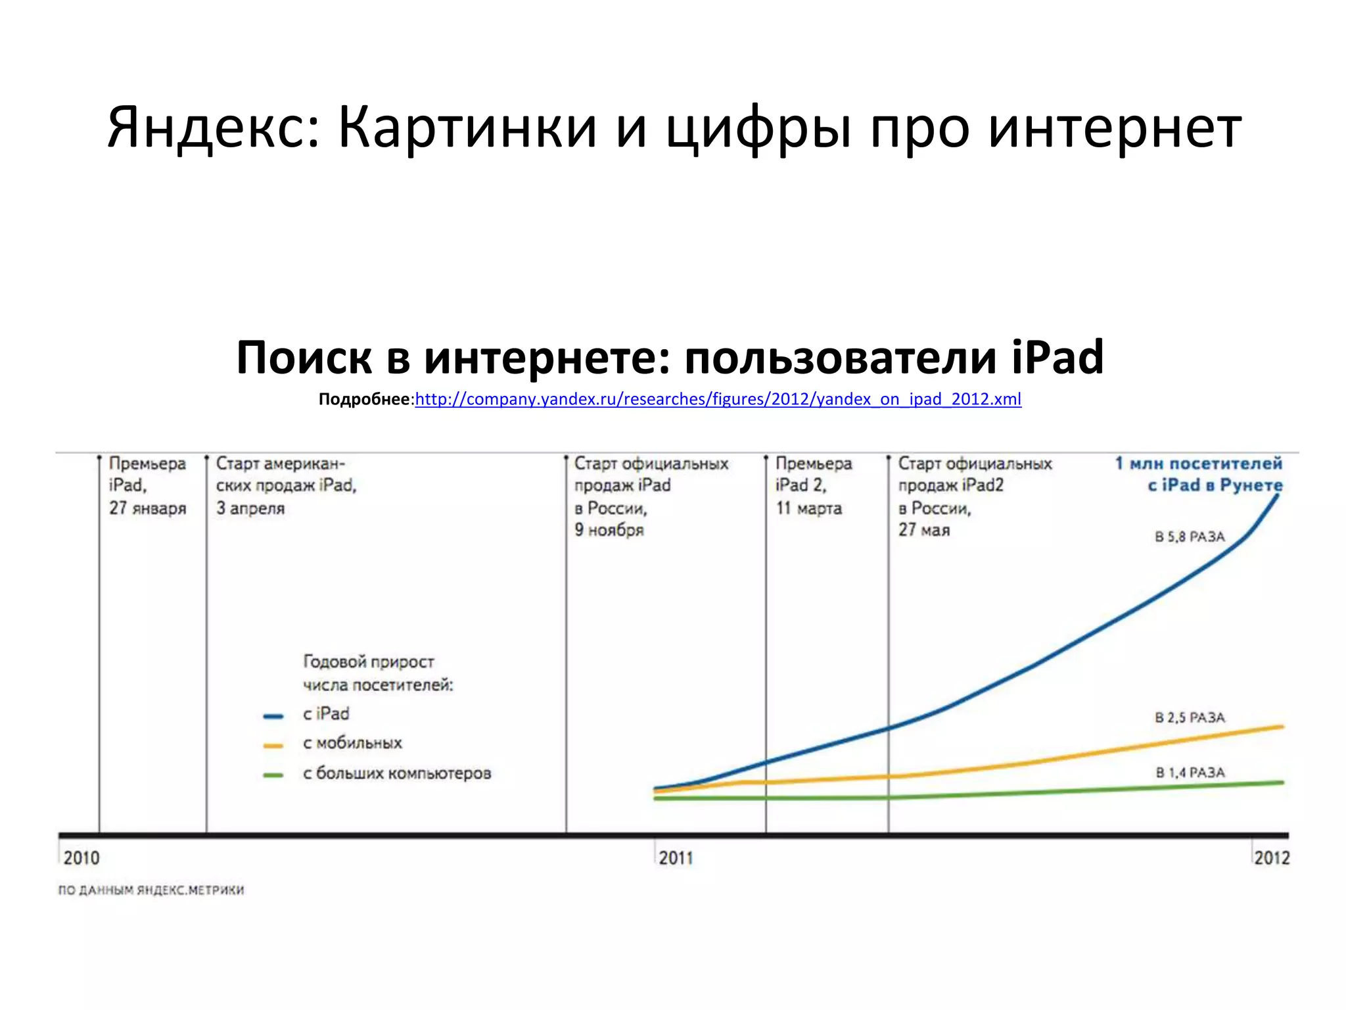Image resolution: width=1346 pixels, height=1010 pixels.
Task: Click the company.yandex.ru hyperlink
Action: coord(718,399)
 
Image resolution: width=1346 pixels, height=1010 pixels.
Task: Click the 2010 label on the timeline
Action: coord(81,858)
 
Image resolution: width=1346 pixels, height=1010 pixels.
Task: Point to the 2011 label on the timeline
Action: coord(676,858)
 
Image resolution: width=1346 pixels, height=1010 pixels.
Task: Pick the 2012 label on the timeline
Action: coord(1272,858)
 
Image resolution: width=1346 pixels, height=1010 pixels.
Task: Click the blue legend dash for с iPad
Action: coord(273,716)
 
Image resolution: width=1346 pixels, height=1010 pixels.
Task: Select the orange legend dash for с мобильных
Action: coord(273,746)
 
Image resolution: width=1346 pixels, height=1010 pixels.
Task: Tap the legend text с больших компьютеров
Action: coord(397,773)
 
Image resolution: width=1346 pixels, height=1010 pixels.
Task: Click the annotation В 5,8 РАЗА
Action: coord(1190,537)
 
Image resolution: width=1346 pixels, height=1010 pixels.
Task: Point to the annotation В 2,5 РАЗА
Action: coord(1190,717)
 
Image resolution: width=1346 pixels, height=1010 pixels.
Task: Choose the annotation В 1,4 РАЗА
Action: coord(1190,773)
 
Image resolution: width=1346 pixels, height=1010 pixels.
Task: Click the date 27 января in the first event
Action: coord(148,508)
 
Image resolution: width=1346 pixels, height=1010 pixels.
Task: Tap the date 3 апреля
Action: coord(250,508)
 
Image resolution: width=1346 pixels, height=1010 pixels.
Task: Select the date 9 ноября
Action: coord(609,530)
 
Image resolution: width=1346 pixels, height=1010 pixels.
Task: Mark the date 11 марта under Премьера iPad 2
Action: coord(808,508)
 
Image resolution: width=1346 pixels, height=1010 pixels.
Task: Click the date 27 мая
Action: coord(924,530)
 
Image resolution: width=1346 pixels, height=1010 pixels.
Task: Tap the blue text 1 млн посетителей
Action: coord(1199,464)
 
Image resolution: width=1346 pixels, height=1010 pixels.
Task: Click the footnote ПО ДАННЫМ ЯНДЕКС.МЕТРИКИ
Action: coord(151,890)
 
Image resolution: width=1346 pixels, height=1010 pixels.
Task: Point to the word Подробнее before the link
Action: coord(364,399)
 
